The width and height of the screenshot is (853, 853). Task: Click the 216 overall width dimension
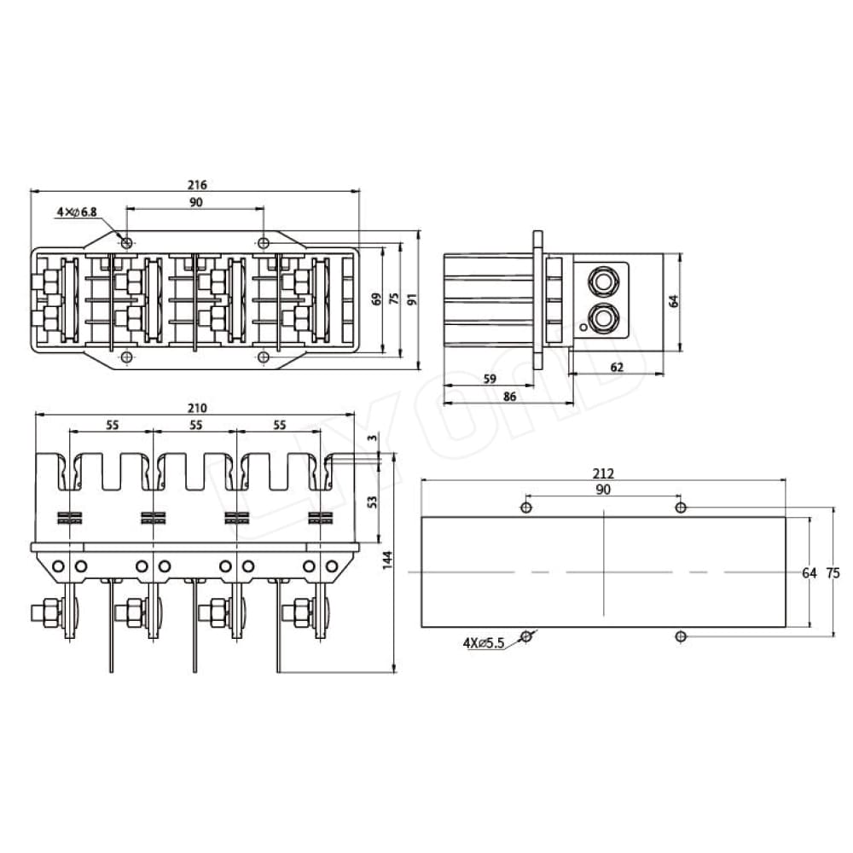(x=197, y=184)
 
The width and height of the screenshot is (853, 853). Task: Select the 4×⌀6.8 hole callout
(x=78, y=211)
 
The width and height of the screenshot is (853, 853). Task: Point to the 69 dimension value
(x=376, y=299)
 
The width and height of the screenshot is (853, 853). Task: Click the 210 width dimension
(x=196, y=408)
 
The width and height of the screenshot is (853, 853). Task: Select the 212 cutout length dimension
(x=603, y=474)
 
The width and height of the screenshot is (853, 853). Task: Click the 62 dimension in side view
(x=617, y=367)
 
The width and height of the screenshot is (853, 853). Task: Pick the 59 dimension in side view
(x=490, y=379)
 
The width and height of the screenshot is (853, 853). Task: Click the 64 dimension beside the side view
(x=672, y=300)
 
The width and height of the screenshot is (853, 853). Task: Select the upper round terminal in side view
(x=604, y=280)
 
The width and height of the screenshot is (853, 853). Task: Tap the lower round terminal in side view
(x=604, y=317)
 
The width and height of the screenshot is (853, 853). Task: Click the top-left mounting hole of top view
(x=127, y=243)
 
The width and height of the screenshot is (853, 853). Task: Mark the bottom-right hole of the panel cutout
(x=681, y=636)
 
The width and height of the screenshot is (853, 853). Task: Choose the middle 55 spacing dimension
(x=196, y=424)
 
